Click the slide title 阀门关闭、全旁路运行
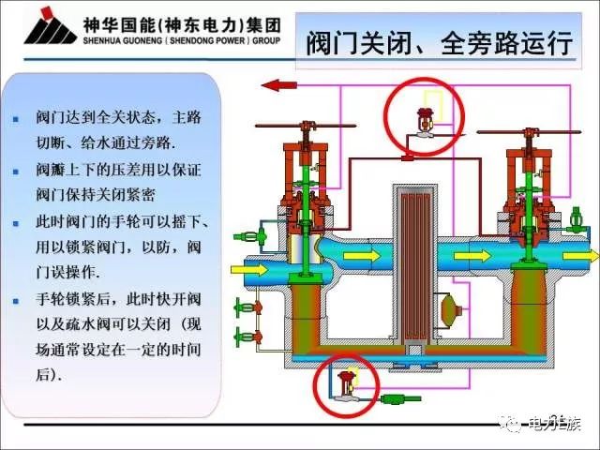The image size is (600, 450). coord(440,43)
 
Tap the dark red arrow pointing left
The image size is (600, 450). coord(278,85)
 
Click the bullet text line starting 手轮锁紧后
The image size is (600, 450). coord(117,300)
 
